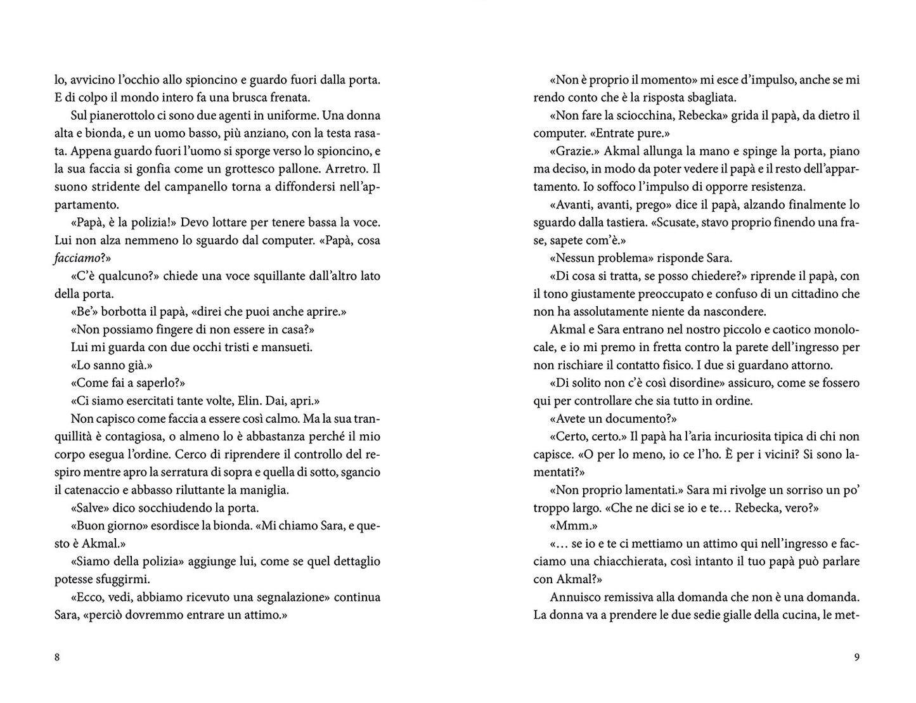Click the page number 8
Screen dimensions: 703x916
[x=57, y=657]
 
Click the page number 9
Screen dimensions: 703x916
[x=857, y=657]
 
